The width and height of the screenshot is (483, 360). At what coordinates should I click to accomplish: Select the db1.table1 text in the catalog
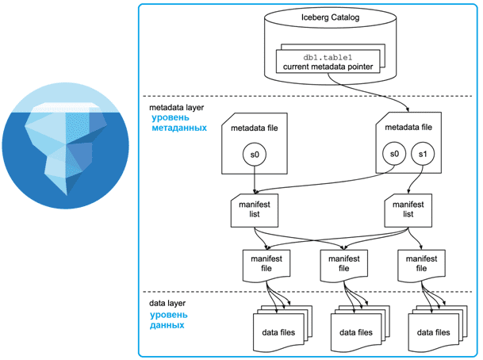328,56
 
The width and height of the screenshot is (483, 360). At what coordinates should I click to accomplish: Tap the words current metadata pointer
328,67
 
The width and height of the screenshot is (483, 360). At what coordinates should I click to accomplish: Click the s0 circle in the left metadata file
254,152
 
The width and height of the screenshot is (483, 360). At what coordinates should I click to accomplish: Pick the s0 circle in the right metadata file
393,152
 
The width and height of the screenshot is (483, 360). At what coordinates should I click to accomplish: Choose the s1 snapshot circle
422,152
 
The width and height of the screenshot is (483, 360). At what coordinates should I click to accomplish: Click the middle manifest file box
343,263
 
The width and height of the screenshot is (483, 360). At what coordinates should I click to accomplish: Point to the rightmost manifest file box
420,263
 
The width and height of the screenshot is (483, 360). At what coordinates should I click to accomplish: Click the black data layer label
168,304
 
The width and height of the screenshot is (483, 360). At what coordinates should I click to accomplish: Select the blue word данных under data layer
167,324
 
